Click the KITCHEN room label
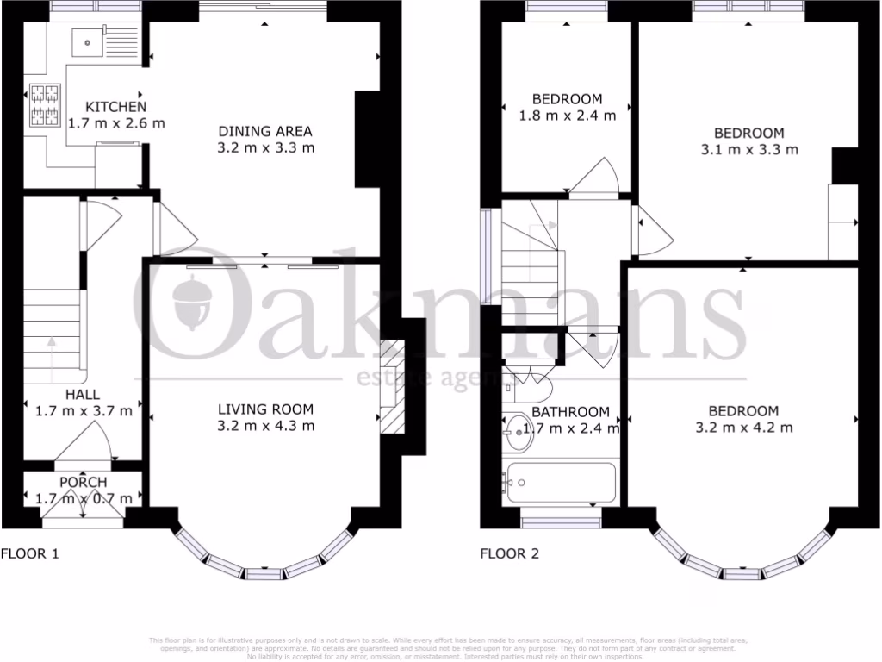[x=115, y=107]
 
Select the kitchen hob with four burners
[x=43, y=105]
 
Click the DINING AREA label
[x=264, y=131]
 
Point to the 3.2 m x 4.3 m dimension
[x=265, y=425]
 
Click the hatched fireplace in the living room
[x=392, y=387]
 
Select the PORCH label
[x=84, y=482]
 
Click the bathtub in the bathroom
[x=561, y=483]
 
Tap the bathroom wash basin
[x=519, y=428]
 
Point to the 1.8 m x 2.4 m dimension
[x=567, y=116]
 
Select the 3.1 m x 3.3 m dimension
[x=748, y=149]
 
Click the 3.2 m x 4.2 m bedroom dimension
[x=743, y=427]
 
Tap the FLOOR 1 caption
[x=29, y=553]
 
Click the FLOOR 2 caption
[x=509, y=553]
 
